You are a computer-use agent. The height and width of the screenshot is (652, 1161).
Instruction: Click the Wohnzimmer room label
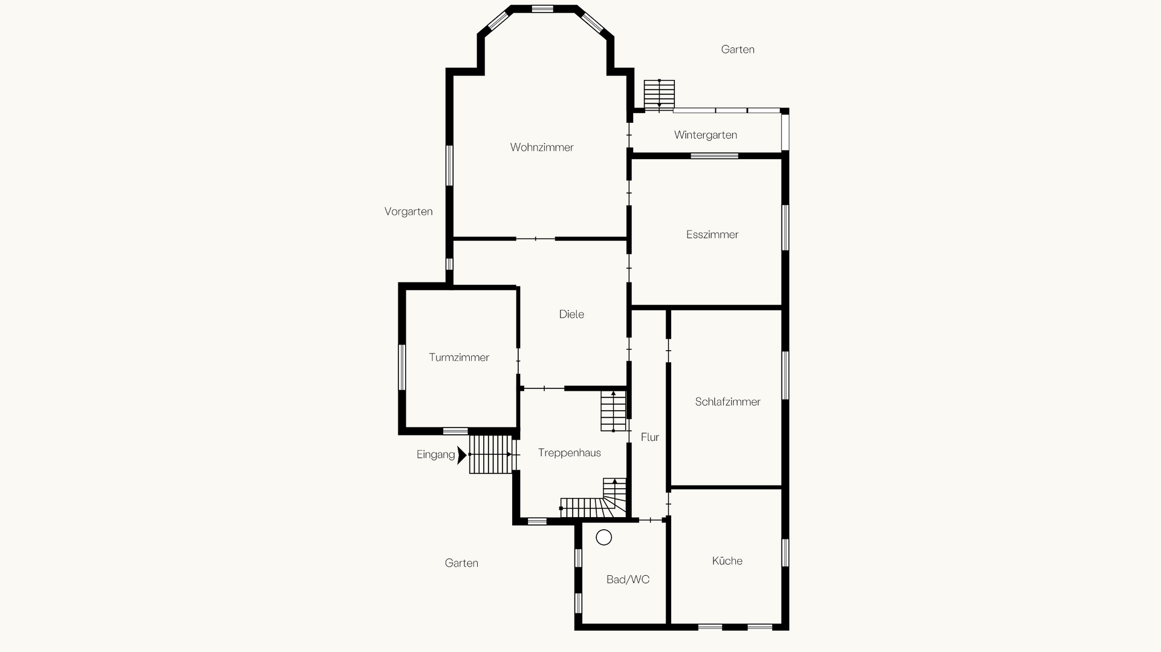pyautogui.click(x=542, y=147)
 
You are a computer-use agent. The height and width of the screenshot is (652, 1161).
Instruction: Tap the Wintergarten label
pyautogui.click(x=706, y=135)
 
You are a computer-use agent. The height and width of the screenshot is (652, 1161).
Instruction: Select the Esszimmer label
pyautogui.click(x=712, y=234)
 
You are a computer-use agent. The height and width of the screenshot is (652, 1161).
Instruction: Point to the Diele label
pyautogui.click(x=571, y=314)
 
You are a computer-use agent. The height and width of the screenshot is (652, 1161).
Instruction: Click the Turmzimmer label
pyautogui.click(x=459, y=357)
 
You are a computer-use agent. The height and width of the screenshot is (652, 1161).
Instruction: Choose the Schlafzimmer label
pyautogui.click(x=727, y=402)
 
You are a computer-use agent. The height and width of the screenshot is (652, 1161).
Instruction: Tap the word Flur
pyautogui.click(x=650, y=437)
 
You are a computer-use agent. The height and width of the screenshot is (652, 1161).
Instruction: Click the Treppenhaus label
pyautogui.click(x=570, y=452)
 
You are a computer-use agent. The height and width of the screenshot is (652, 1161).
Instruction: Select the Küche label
pyautogui.click(x=727, y=561)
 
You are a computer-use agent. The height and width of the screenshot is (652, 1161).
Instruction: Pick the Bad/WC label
pyautogui.click(x=628, y=579)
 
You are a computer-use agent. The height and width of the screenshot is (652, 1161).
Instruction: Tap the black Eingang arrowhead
pyautogui.click(x=462, y=455)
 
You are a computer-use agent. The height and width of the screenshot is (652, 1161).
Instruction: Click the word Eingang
pyautogui.click(x=435, y=455)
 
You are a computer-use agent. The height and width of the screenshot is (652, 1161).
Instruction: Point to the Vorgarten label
pyautogui.click(x=409, y=211)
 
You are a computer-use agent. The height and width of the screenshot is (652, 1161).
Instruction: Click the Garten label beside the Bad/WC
pyautogui.click(x=461, y=562)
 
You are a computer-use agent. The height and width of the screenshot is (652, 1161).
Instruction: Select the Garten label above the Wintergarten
pyautogui.click(x=738, y=49)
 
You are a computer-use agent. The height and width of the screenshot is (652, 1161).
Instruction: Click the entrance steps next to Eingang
pyautogui.click(x=491, y=454)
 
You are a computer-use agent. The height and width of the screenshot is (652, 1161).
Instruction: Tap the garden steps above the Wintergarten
pyautogui.click(x=659, y=95)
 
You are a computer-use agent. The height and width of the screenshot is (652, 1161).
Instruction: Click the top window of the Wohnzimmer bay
pyautogui.click(x=542, y=8)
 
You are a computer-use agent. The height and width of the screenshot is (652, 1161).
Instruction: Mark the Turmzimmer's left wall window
pyautogui.click(x=402, y=367)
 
